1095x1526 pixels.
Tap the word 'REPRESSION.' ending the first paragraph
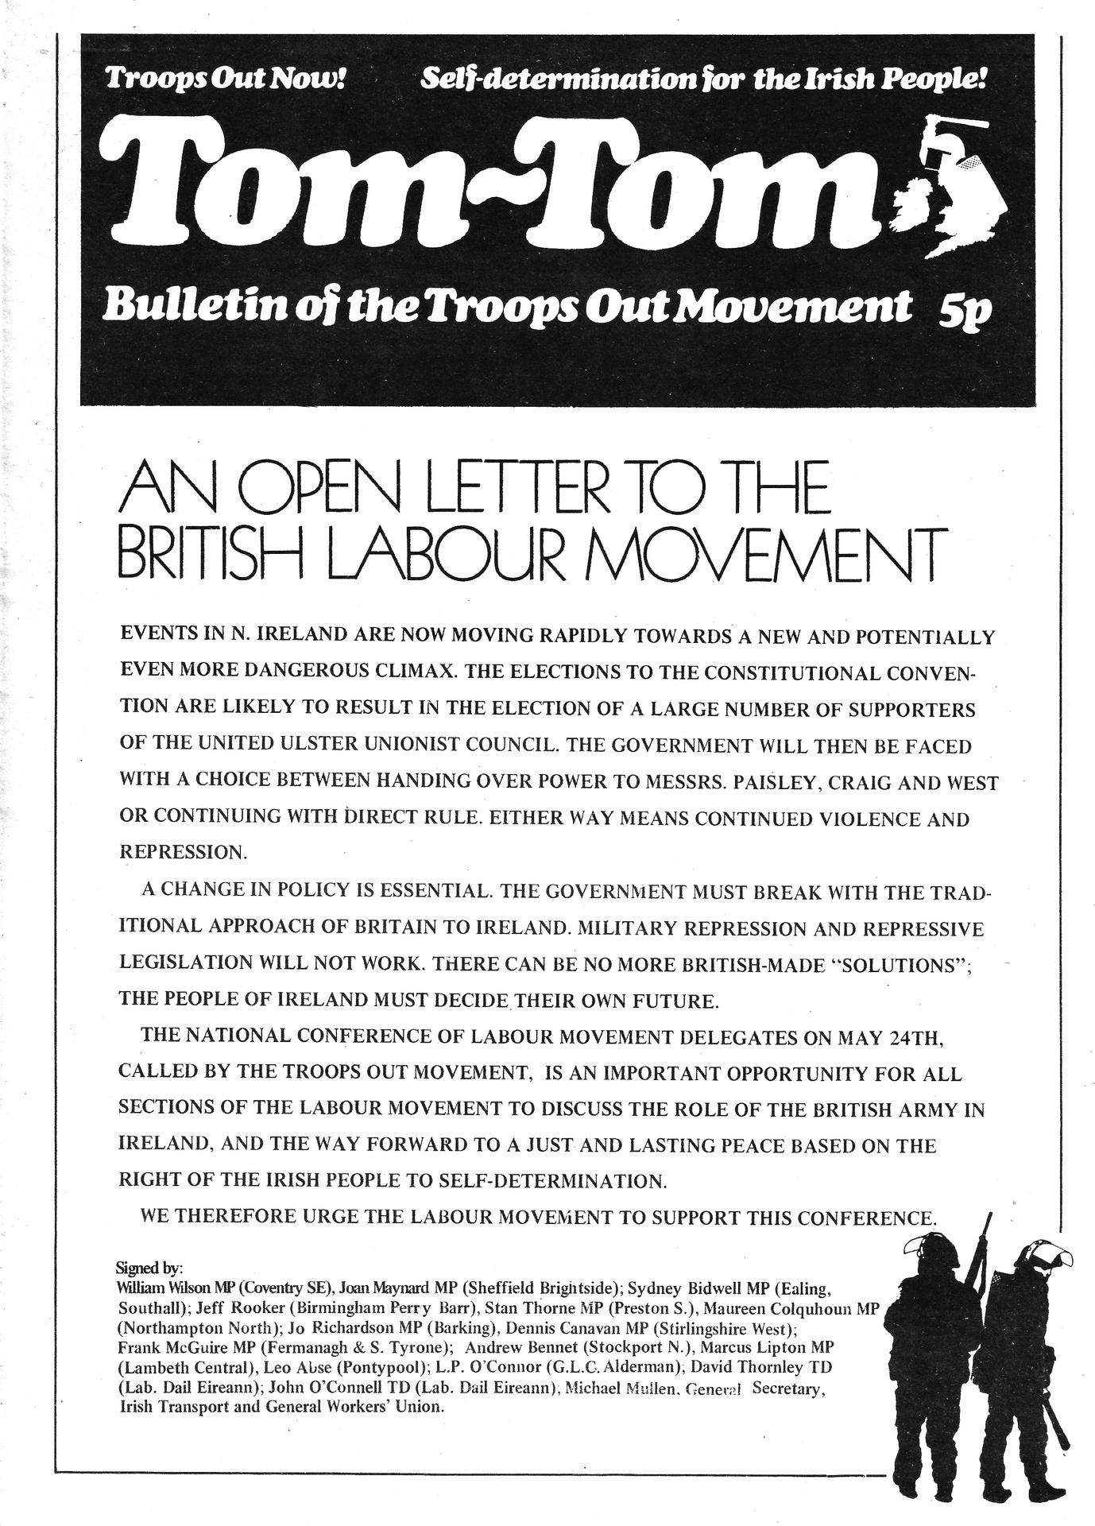pos(184,852)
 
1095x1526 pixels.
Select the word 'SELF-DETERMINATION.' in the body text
pos(552,1181)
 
